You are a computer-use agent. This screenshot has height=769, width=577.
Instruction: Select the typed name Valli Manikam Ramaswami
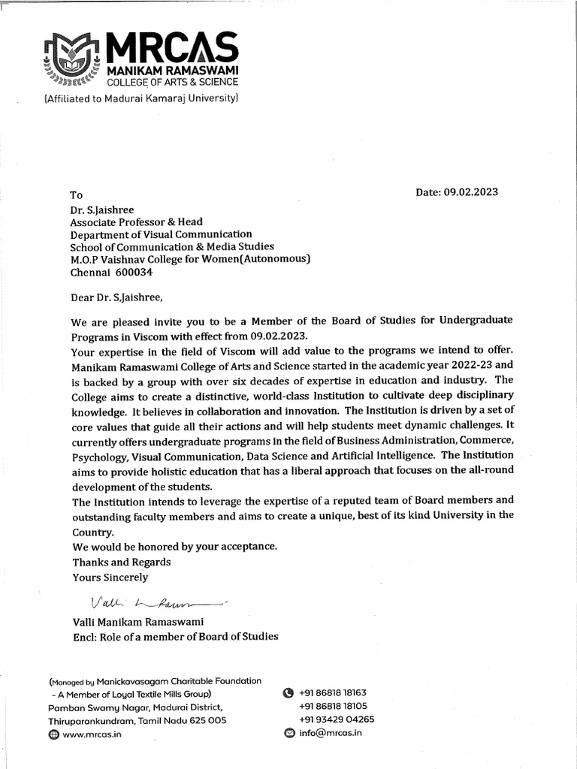coord(138,622)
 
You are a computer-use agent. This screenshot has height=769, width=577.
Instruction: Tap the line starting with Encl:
coord(175,636)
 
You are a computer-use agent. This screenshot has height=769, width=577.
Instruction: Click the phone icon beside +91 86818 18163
coord(287,693)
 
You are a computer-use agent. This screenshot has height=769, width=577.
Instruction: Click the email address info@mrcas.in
coord(330,733)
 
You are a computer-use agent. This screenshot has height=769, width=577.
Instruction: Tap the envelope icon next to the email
coord(288,733)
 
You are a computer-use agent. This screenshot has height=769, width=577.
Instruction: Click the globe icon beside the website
coord(53,734)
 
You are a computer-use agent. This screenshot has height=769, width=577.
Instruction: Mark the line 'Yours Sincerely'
coord(110,578)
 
